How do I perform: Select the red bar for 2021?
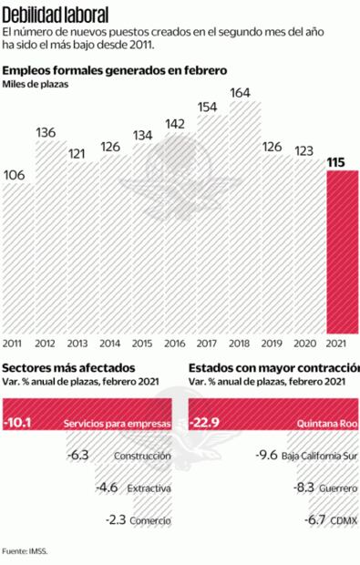pos(342,252)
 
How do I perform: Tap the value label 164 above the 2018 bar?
pos(241,92)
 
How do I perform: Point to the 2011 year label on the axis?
pos(14,344)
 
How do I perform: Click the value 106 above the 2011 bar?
pos(15,175)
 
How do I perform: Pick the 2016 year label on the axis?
pos(175,344)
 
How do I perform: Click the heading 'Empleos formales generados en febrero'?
pos(114,70)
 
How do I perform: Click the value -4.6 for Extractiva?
pos(108,488)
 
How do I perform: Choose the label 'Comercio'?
pos(150,520)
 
